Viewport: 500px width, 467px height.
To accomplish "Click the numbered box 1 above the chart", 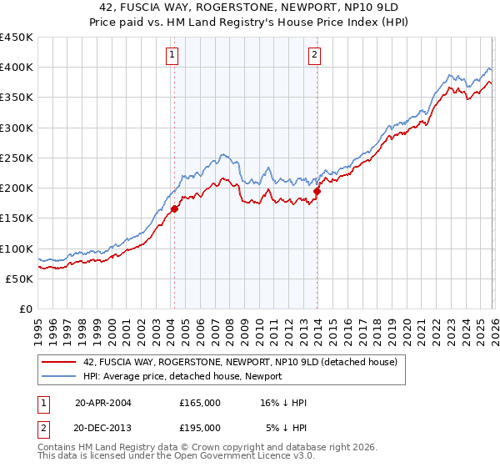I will click(x=172, y=56).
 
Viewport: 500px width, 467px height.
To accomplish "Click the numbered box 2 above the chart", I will click(x=314, y=56).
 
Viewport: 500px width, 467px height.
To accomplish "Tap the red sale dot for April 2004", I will click(x=174, y=209).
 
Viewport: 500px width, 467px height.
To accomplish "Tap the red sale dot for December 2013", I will click(x=317, y=192).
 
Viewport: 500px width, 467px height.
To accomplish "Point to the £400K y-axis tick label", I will click(x=17, y=68).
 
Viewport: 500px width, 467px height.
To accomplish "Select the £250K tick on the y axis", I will click(x=17, y=158).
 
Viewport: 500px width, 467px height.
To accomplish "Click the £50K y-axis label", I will click(x=20, y=279).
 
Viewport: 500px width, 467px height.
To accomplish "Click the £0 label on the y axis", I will click(x=26, y=309).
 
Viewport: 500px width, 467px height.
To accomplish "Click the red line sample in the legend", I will click(x=59, y=362).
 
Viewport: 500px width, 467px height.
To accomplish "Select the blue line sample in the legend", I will click(x=59, y=376).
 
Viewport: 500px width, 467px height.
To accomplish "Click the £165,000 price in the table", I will click(x=199, y=403).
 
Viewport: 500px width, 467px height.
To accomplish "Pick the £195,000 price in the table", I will click(x=199, y=427).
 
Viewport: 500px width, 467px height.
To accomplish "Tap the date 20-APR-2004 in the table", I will click(x=103, y=403).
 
